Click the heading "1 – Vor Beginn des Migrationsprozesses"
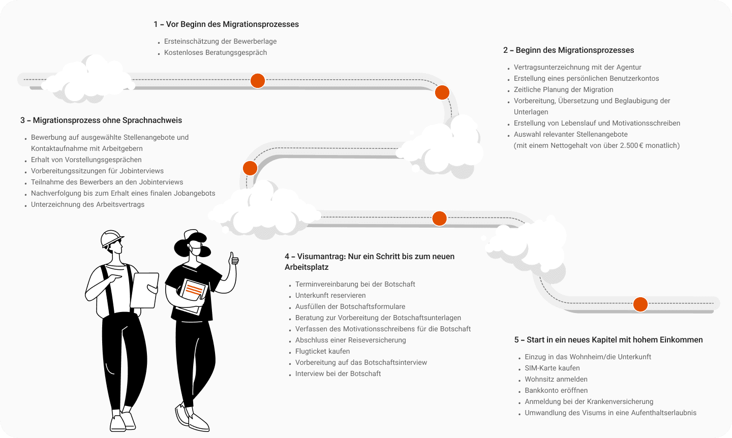pyautogui.click(x=226, y=24)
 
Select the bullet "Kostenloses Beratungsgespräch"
pyautogui.click(x=215, y=53)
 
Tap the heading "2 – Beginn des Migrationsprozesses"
pyautogui.click(x=568, y=50)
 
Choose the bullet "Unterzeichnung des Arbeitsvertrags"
pyautogui.click(x=87, y=205)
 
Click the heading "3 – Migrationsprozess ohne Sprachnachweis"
pyautogui.click(x=101, y=120)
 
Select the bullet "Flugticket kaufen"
pyautogui.click(x=322, y=352)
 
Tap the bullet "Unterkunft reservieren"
pyautogui.click(x=330, y=296)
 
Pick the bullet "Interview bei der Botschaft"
pyautogui.click(x=338, y=374)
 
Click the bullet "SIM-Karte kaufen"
pyautogui.click(x=552, y=368)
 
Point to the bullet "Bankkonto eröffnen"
pyautogui.click(x=556, y=391)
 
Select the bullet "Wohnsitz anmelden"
pyautogui.click(x=556, y=380)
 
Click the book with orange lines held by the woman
pyautogui.click(x=193, y=293)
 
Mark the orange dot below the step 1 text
pyautogui.click(x=258, y=81)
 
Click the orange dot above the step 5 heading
pyautogui.click(x=640, y=304)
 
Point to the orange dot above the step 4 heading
pyautogui.click(x=439, y=218)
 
